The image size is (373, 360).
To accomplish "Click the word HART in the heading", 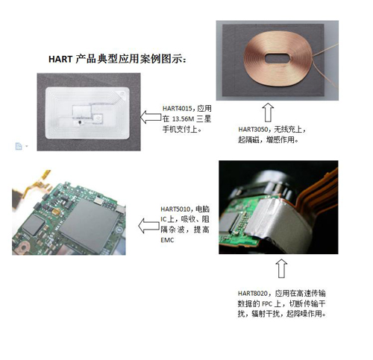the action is [x=60, y=59].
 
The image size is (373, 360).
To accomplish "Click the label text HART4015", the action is [x=178, y=108].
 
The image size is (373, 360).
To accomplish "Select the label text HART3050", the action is [x=253, y=129].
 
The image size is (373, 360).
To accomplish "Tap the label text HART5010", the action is [x=175, y=209].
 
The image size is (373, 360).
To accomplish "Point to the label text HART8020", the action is [x=253, y=294].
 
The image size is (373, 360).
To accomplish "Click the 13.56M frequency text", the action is [x=183, y=119].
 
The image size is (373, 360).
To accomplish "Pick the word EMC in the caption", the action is [x=167, y=240].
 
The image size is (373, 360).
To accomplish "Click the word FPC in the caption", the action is [x=267, y=304].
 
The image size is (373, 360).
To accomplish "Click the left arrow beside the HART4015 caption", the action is [x=151, y=117].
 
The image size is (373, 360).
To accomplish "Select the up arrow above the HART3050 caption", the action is [x=268, y=113].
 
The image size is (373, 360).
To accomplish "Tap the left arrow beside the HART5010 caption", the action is [x=148, y=226].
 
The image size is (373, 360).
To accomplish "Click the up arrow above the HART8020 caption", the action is [x=281, y=268].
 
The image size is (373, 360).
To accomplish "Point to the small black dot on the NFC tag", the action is [x=80, y=122].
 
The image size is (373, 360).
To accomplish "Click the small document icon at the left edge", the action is [x=19, y=146].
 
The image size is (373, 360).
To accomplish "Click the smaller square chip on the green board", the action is [x=34, y=224].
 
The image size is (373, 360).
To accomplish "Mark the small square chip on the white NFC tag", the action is [x=98, y=119].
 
